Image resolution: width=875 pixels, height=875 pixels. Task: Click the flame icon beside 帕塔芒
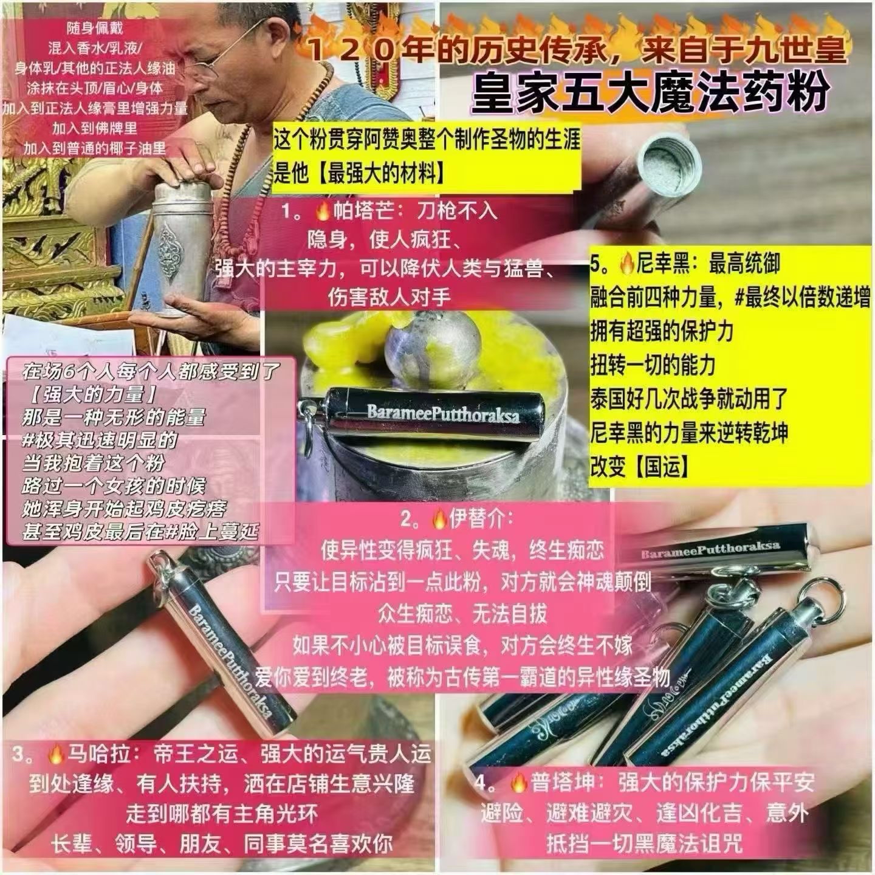(x=322, y=211)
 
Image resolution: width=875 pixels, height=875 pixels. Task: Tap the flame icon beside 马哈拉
(x=55, y=755)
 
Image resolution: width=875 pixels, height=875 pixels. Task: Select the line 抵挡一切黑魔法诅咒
(x=644, y=844)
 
